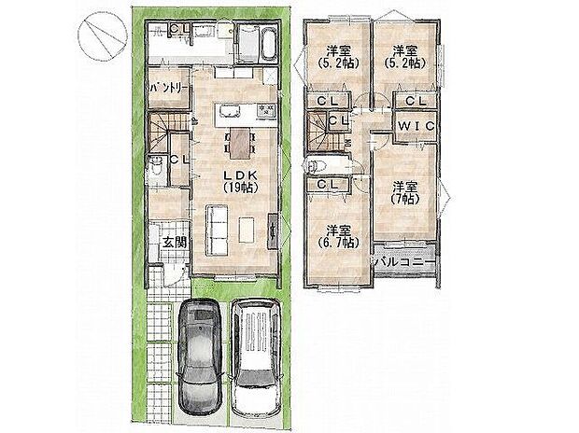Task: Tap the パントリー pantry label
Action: tap(169, 88)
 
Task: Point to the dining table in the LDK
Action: tap(238, 143)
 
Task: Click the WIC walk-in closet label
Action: tap(411, 125)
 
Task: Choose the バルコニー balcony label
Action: tap(402, 262)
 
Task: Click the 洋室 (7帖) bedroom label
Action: tap(402, 191)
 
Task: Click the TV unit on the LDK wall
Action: tap(273, 230)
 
